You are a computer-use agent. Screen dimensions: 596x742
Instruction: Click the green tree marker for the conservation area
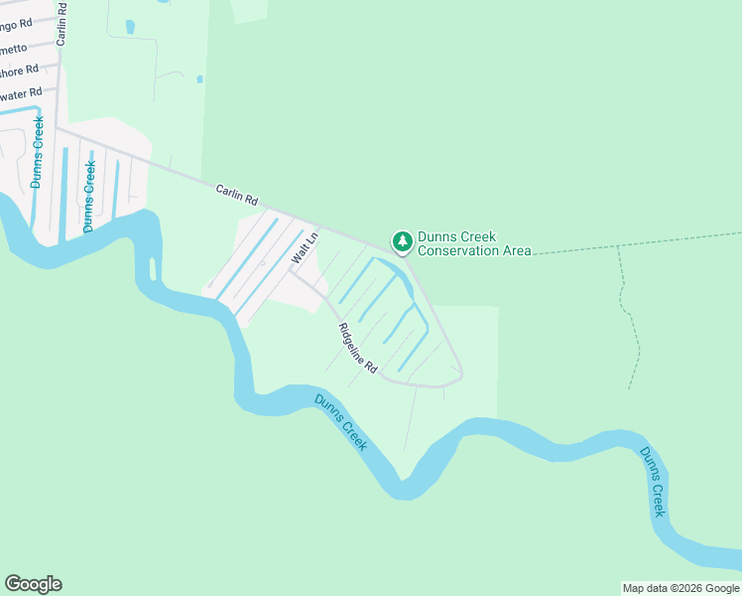click(x=402, y=241)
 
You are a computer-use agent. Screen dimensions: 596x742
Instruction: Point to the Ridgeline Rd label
click(x=358, y=349)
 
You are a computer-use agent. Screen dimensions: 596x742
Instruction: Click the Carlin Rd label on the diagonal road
click(x=237, y=193)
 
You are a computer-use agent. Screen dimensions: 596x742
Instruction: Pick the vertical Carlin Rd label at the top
click(x=62, y=23)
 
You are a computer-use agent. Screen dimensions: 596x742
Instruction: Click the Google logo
click(x=33, y=584)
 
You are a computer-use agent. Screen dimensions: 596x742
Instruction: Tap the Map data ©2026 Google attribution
click(x=680, y=588)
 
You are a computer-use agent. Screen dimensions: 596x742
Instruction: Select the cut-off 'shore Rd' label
click(x=19, y=70)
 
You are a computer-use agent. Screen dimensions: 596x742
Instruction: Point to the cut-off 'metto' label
click(x=14, y=47)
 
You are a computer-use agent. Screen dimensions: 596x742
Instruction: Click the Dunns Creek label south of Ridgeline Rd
click(x=341, y=422)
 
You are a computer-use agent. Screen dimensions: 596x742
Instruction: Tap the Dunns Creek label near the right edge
click(x=651, y=481)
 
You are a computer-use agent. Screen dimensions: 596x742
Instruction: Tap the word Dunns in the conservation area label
click(x=436, y=236)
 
